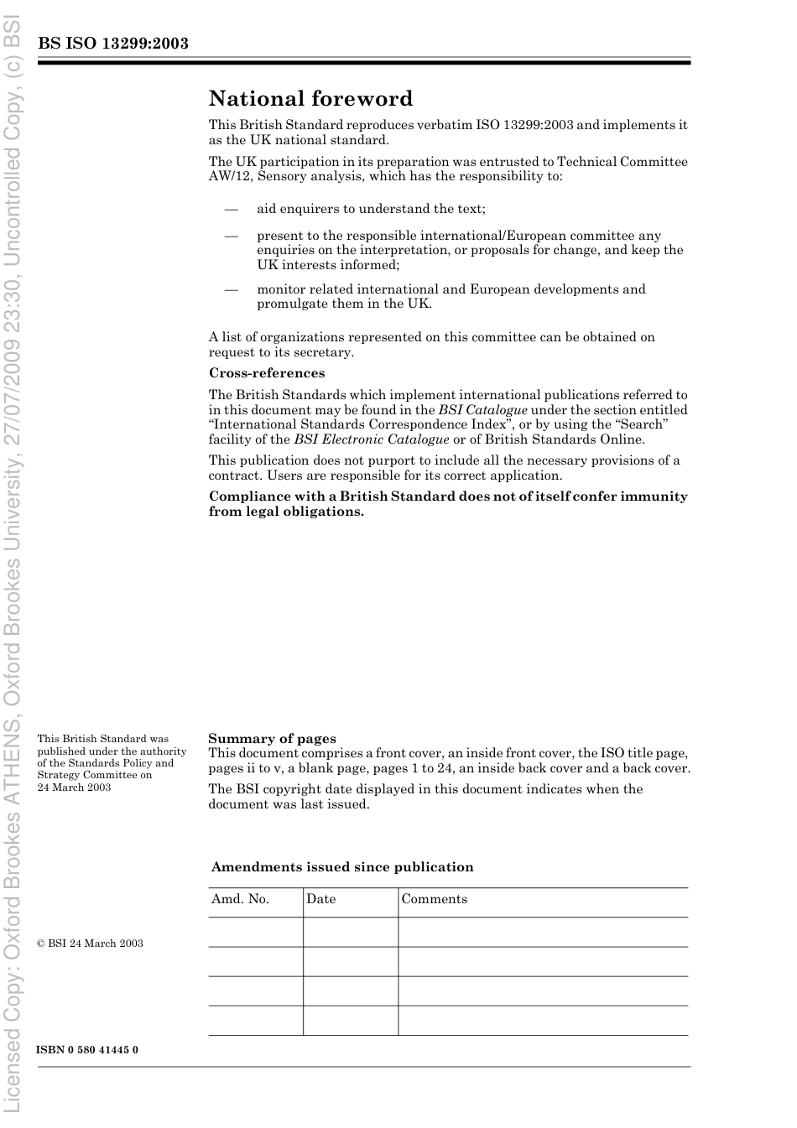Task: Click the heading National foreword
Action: pos(310,99)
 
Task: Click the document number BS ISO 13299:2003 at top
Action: pos(112,44)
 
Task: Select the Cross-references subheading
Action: pos(267,373)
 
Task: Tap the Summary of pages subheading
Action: pos(272,739)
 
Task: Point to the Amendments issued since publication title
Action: pos(342,867)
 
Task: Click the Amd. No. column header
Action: pos(240,899)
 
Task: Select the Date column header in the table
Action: pos(320,899)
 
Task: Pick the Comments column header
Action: pos(434,899)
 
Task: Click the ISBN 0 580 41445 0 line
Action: pos(87,1050)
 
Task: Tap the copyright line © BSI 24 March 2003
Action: pos(90,943)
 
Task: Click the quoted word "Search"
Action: pos(641,424)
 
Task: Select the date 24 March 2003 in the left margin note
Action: pos(74,787)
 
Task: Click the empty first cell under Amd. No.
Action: pos(255,932)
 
